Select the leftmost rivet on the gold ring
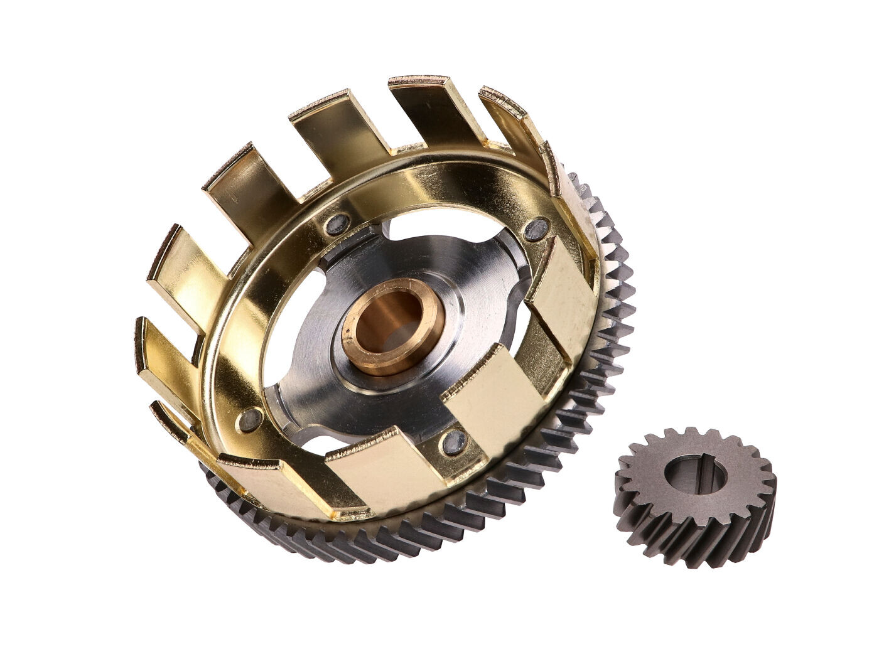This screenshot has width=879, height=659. (251, 419)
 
